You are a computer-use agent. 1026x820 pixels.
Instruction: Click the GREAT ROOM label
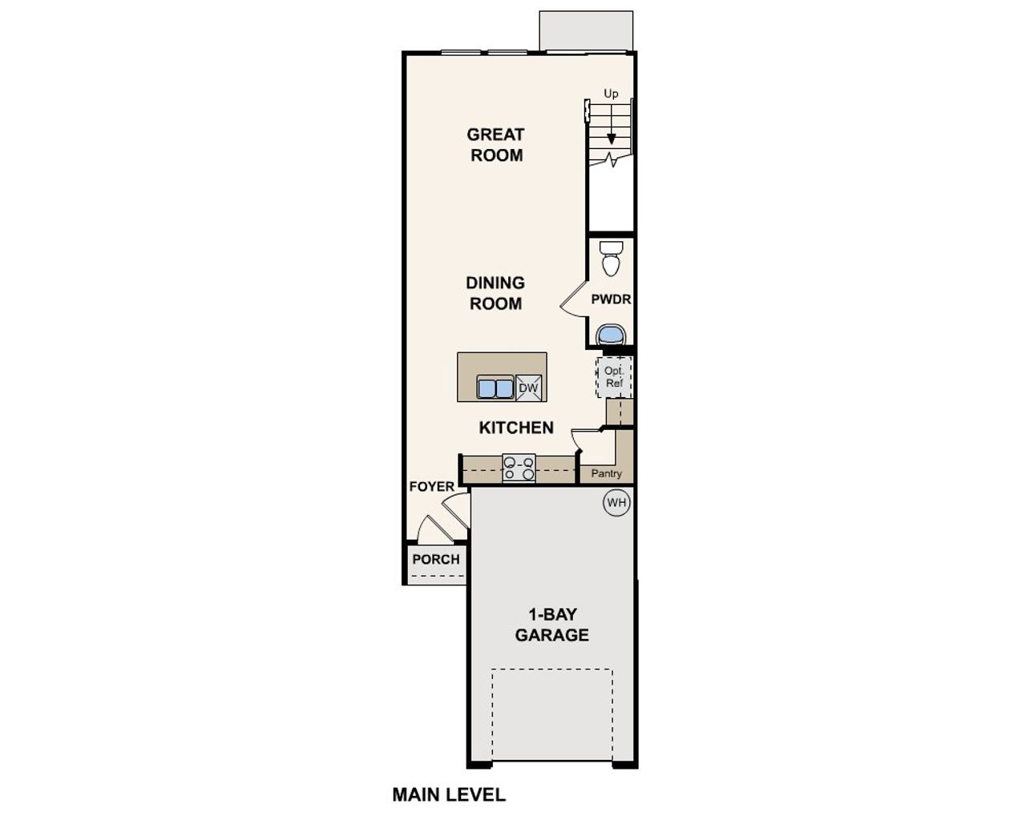[x=496, y=145]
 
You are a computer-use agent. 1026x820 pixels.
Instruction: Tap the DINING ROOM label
[x=495, y=293]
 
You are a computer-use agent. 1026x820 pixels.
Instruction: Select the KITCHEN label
[x=516, y=428]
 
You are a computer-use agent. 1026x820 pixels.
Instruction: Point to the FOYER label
[x=431, y=487]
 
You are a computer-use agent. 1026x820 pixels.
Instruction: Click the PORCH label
[x=436, y=559]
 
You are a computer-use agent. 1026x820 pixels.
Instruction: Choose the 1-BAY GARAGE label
[x=551, y=625]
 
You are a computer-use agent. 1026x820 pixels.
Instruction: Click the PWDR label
[x=611, y=299]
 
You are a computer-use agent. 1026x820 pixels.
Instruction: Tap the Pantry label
[x=606, y=473]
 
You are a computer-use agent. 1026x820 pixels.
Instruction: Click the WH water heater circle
[x=616, y=503]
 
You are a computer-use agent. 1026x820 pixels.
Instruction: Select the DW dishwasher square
[x=528, y=388]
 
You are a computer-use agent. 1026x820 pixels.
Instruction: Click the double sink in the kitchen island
[x=495, y=388]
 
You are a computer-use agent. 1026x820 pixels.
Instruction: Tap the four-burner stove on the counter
[x=519, y=468]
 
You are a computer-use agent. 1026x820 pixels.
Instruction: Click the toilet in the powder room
[x=611, y=258]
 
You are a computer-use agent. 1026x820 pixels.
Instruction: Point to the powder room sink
[x=611, y=333]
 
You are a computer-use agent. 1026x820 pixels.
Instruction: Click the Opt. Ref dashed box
[x=614, y=377]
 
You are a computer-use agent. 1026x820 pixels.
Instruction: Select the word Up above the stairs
[x=611, y=94]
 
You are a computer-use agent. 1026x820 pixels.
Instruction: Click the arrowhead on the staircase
[x=611, y=139]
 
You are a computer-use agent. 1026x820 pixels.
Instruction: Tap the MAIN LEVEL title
[x=449, y=794]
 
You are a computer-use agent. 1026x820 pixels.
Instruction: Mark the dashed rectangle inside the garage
[x=552, y=714]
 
